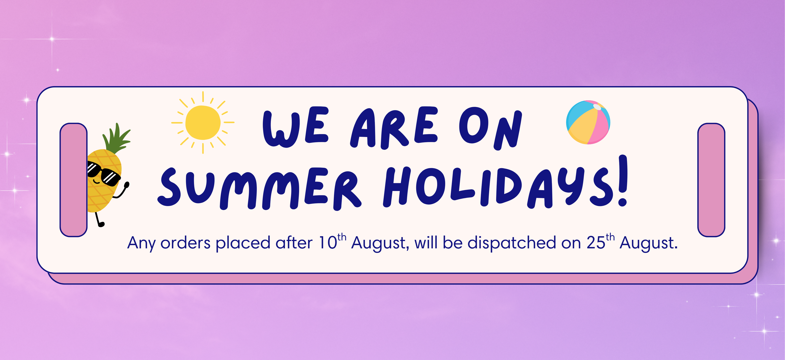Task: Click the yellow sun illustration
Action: [203, 123]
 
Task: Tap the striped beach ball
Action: [588, 122]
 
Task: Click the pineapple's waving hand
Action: [126, 185]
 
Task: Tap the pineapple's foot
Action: [101, 225]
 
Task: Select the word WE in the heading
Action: [296, 127]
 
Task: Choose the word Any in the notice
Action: [141, 244]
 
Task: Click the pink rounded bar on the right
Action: [711, 180]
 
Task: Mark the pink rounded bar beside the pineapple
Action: [73, 180]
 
